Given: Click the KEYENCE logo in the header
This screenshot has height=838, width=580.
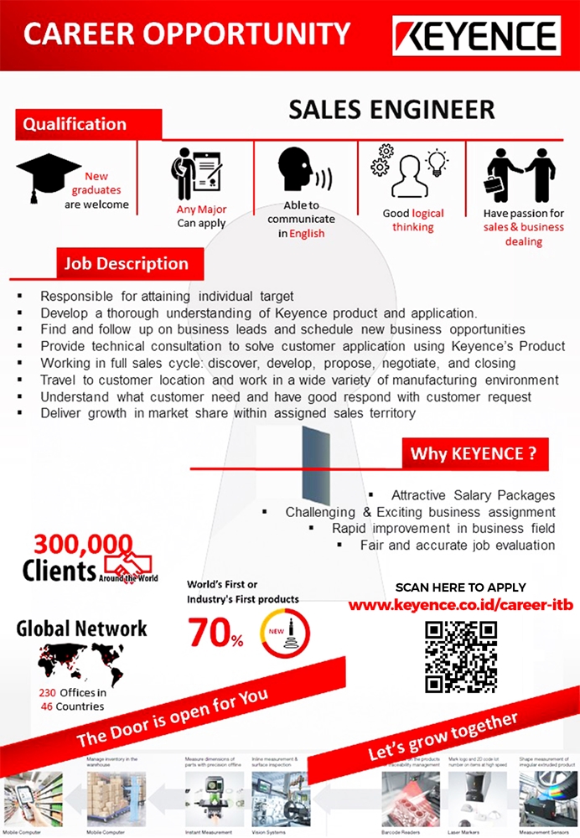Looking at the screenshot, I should click(x=476, y=36).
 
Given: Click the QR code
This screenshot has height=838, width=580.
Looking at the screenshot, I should click(x=455, y=656).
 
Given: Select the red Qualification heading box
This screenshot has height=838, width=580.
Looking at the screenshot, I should click(x=75, y=125).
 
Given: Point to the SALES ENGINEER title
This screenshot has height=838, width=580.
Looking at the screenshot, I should click(x=391, y=110).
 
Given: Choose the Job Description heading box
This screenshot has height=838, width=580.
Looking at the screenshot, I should click(x=127, y=264).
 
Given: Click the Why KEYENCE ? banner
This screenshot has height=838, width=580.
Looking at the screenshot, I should click(x=474, y=454).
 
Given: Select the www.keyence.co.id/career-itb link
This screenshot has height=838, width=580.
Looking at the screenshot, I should click(x=460, y=604).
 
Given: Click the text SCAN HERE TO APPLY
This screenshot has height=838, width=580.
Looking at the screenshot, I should click(x=460, y=587).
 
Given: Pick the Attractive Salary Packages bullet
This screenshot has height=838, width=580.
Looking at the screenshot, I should click(x=473, y=495).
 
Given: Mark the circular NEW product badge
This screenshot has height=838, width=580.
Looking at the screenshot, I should click(x=285, y=634).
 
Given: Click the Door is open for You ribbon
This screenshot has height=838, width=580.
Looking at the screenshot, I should click(x=173, y=717).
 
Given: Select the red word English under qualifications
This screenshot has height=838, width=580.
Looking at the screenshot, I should click(x=307, y=234).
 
